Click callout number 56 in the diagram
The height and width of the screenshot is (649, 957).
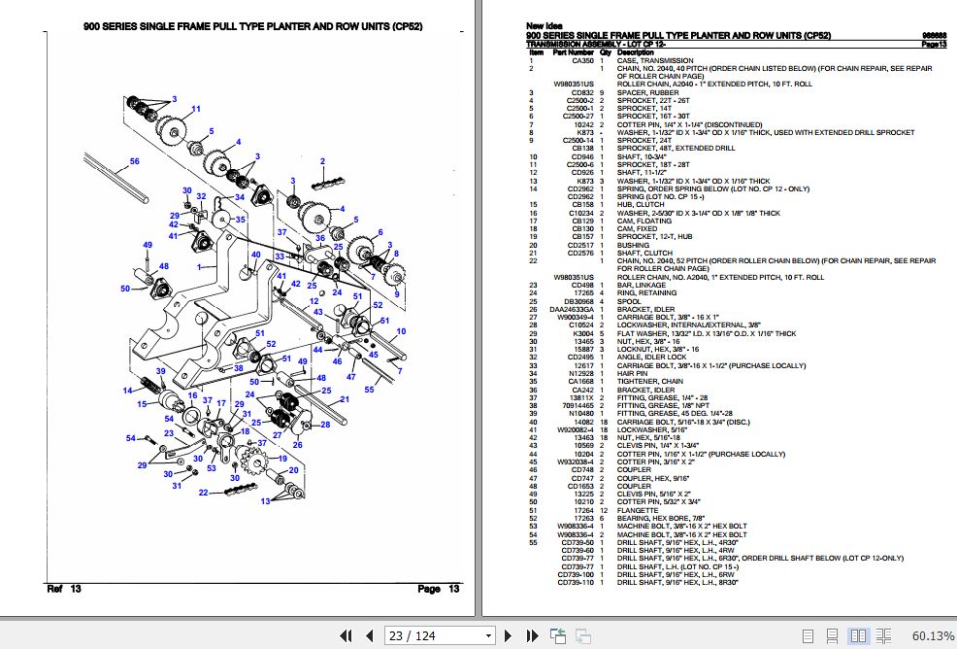point(135,161)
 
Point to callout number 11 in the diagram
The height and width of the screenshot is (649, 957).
point(196,109)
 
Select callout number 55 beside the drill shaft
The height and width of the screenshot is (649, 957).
point(369,389)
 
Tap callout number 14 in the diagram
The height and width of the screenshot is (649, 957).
point(127,391)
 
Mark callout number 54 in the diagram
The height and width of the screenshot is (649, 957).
point(131,438)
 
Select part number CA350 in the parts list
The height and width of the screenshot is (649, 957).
point(582,60)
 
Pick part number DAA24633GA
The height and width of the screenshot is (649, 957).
point(571,309)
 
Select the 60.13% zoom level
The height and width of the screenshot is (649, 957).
point(932,635)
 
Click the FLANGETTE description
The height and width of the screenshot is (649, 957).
point(638,511)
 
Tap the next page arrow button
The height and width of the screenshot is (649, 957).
point(506,635)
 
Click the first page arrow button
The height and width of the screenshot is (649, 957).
point(345,635)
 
